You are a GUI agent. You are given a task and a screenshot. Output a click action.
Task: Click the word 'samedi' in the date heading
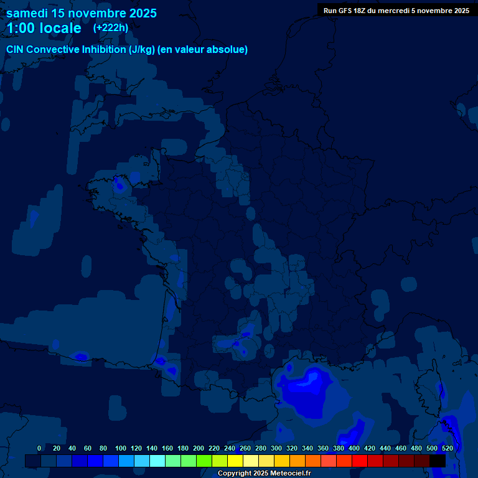28,13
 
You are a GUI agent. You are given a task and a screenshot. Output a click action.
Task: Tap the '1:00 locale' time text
44,28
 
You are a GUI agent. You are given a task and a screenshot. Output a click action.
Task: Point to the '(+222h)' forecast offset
111,27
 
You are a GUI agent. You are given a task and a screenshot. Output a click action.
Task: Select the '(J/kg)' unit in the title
142,50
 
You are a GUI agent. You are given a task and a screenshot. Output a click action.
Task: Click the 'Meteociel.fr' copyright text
291,474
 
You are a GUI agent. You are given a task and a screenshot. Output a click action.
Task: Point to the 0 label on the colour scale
39,448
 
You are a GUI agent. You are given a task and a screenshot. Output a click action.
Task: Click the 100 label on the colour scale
121,448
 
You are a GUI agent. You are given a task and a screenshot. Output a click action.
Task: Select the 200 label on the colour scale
199,448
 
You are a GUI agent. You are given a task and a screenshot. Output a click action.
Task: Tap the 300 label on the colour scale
276,448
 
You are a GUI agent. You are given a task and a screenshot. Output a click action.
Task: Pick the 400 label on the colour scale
354,448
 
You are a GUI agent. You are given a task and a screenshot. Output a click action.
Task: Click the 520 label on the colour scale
447,448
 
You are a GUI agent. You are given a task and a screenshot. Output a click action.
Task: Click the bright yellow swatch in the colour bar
235,461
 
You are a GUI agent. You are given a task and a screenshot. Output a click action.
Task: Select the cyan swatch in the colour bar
157,461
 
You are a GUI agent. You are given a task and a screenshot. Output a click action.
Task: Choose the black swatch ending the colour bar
438,461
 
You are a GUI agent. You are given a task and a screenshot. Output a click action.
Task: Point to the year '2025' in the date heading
143,13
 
